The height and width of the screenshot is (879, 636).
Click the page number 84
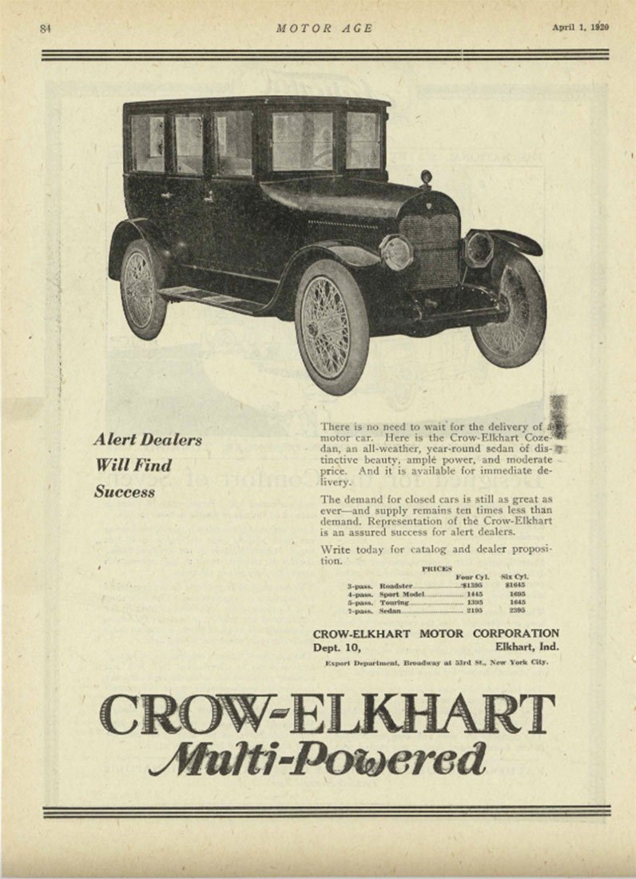(45, 28)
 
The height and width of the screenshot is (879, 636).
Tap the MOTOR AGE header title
(324, 28)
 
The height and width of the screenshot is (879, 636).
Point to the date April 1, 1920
(580, 27)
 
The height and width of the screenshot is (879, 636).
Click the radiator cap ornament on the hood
(427, 177)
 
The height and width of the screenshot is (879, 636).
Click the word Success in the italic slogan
(124, 491)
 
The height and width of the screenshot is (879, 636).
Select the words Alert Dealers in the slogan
(147, 439)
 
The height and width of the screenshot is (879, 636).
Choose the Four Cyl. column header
(471, 575)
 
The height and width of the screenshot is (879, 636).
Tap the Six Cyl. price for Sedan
(516, 611)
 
